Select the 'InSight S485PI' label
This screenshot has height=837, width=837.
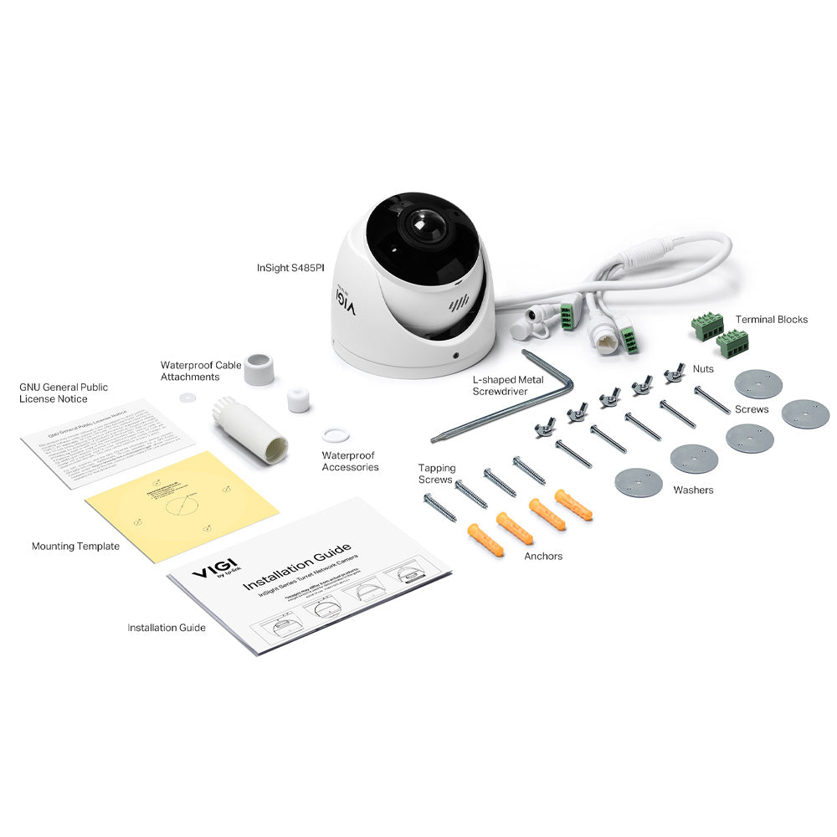coord(290,269)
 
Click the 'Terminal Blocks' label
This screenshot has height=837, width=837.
coord(772,319)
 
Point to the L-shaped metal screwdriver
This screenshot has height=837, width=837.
coord(502,410)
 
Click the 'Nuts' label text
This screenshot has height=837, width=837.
coord(703,368)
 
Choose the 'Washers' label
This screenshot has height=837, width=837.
coord(693,490)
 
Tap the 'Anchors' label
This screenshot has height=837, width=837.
coord(543,556)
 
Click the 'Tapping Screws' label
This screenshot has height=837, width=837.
coord(437,474)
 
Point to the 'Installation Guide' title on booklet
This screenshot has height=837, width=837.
coord(297,567)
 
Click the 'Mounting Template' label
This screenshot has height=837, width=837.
coord(75,547)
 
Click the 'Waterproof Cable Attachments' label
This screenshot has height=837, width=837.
coord(201,371)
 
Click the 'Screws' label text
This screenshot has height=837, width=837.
coord(751,409)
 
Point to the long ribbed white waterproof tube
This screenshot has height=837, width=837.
coord(249,429)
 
